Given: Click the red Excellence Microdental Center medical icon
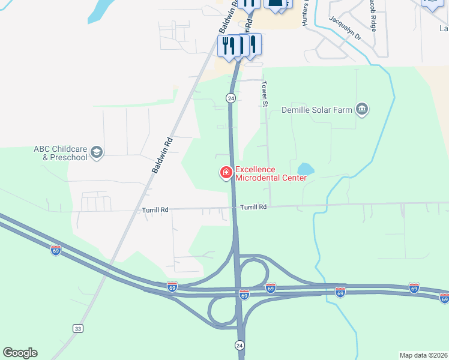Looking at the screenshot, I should tap(226, 173).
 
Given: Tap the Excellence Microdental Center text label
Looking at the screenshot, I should tap(271, 173).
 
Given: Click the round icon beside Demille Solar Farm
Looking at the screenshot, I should tap(362, 109).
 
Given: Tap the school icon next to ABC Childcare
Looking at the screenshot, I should tap(97, 153).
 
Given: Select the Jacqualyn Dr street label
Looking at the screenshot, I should tap(345, 28).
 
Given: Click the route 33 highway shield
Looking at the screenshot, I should tap(77, 328).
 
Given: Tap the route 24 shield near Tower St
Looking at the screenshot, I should tap(231, 98).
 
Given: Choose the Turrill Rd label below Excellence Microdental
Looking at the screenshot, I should tap(253, 207).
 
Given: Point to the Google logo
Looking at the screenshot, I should tap(20, 353).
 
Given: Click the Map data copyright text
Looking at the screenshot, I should tap(423, 355).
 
